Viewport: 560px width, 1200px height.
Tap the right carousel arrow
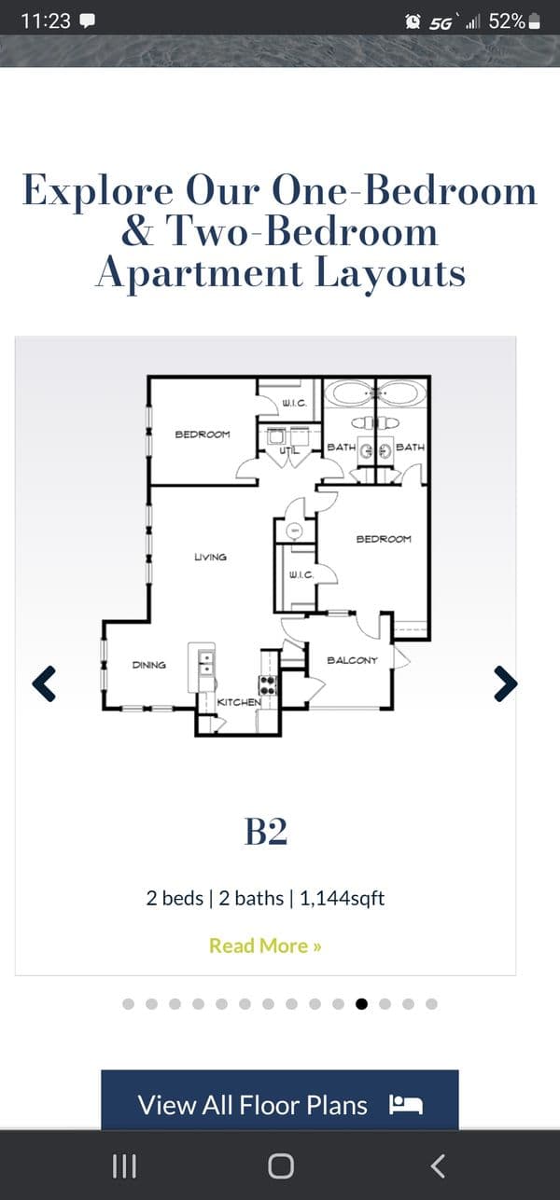[506, 683]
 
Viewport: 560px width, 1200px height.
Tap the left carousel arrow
[44, 683]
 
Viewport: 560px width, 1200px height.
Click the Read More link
[265, 945]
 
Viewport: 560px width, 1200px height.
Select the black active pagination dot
[361, 1004]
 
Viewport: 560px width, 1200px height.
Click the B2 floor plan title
[266, 831]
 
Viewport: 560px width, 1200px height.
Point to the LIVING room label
[210, 558]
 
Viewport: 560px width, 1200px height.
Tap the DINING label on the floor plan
[149, 665]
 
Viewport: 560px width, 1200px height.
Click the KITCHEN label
[239, 702]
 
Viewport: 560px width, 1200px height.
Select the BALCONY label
[353, 660]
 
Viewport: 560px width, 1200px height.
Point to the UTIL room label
[288, 451]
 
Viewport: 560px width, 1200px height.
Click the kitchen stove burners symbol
[268, 685]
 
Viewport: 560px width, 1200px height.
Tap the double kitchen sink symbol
[206, 664]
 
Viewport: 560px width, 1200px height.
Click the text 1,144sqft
[342, 898]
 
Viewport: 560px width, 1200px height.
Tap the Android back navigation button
[438, 1166]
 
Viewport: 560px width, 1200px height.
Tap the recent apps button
[124, 1166]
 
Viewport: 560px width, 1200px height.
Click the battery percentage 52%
[507, 21]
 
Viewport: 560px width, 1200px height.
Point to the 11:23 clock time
[46, 21]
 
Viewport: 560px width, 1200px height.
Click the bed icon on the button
[406, 1105]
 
